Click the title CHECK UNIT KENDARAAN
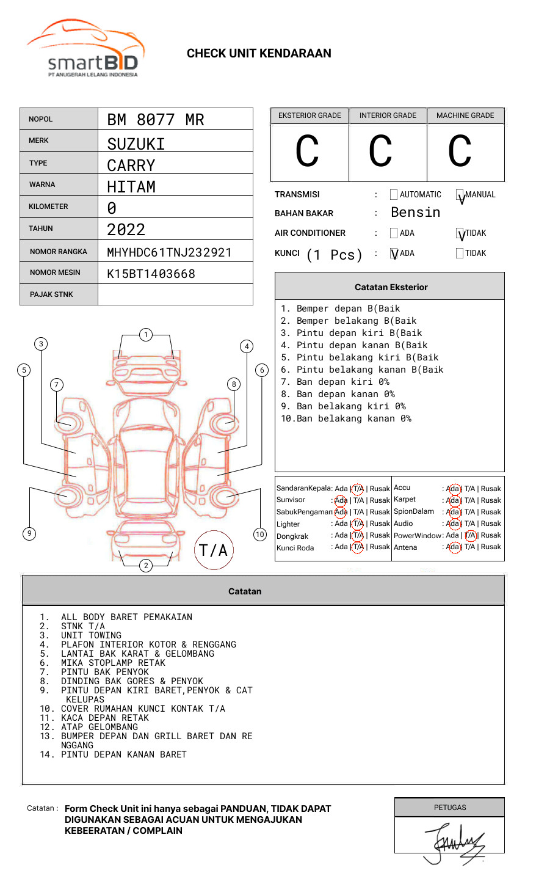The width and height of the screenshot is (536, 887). tap(259, 54)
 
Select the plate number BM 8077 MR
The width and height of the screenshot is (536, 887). tap(156, 120)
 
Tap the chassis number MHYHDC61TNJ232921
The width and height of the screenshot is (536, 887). tap(169, 252)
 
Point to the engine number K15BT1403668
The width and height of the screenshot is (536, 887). tap(151, 274)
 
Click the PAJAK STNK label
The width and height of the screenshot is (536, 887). tap(51, 294)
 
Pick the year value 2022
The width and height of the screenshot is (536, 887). tap(126, 230)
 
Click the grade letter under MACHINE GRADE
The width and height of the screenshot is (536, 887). tap(460, 151)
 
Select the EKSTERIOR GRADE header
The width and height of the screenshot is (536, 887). tap(310, 115)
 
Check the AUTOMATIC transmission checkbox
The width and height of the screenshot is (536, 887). tap(394, 195)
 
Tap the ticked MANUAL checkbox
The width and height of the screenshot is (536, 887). tap(460, 195)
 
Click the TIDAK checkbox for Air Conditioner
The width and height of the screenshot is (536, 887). tap(460, 233)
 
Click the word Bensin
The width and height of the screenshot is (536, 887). tap(415, 213)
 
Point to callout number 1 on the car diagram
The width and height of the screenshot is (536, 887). tap(145, 335)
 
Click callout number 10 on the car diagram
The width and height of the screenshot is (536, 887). tap(260, 535)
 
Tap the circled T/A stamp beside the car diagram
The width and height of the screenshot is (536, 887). tap(214, 550)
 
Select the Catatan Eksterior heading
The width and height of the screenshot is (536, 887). tap(391, 287)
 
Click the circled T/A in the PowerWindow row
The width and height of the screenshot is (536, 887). tap(470, 535)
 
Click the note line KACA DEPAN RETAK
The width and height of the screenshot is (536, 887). tap(105, 718)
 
